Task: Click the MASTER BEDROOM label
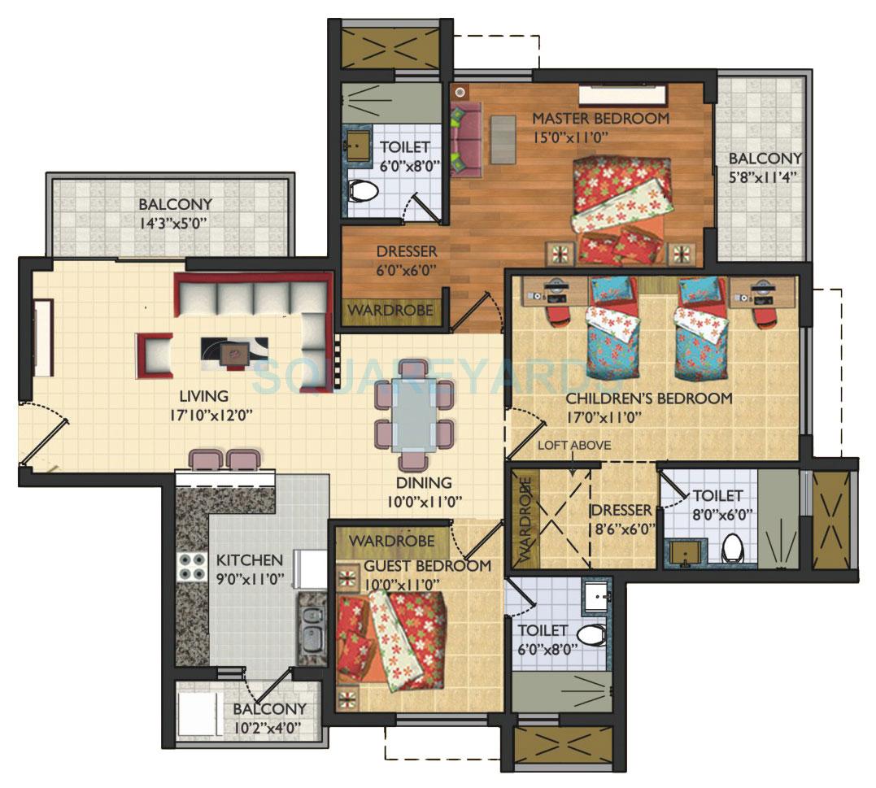click(600, 119)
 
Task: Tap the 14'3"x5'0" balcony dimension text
click(175, 222)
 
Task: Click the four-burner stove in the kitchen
click(190, 566)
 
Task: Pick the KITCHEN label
click(249, 560)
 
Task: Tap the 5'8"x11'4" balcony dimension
click(765, 176)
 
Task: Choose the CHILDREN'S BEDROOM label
click(648, 398)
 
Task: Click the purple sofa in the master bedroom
click(464, 138)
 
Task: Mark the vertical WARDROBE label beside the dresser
click(524, 520)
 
